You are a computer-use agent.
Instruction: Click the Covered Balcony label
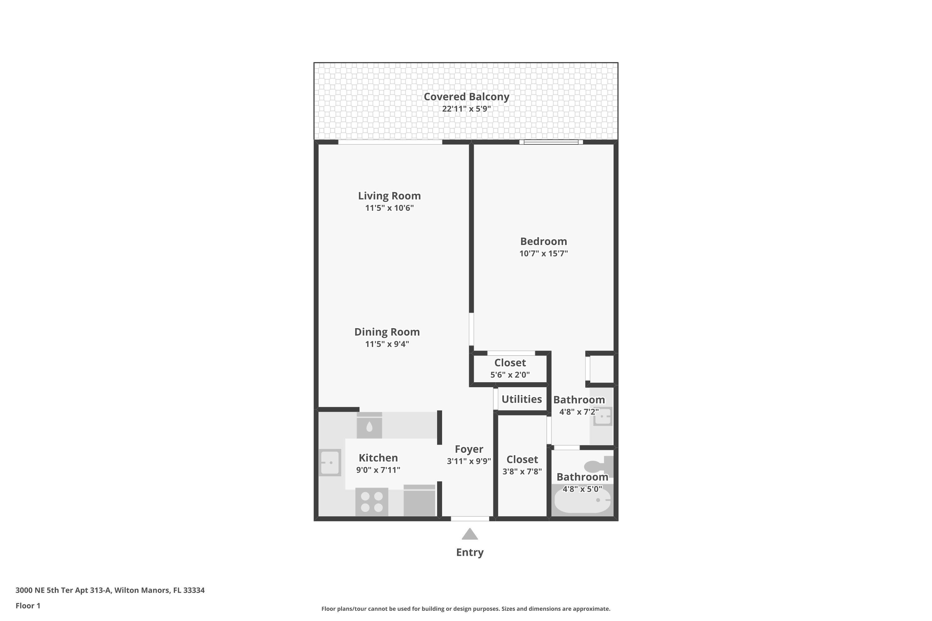466,97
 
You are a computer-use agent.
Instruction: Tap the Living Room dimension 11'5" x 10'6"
389,208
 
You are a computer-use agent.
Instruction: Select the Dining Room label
387,332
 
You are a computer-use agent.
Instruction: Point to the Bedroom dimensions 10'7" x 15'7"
543,253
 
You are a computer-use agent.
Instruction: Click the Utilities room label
522,399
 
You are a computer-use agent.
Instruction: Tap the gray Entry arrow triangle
469,535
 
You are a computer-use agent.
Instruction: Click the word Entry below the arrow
469,552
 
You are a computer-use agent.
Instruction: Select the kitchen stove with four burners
372,502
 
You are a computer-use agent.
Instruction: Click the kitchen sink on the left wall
330,463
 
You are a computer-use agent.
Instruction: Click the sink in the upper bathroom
602,417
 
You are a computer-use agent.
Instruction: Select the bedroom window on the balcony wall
551,142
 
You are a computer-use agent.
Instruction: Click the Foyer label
469,449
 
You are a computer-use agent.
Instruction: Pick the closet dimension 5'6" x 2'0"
510,375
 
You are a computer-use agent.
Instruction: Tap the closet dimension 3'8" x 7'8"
522,472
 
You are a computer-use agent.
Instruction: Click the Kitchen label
378,458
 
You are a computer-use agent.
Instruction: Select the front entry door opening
470,519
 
